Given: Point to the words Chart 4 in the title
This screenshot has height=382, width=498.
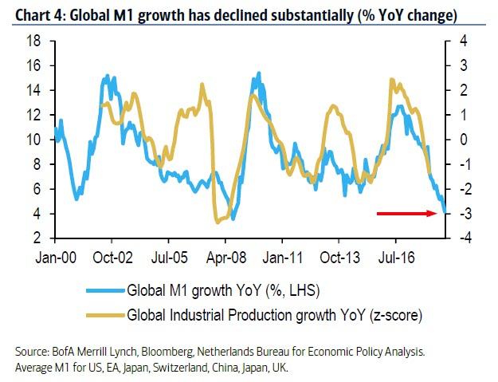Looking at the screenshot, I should point(30,14).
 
